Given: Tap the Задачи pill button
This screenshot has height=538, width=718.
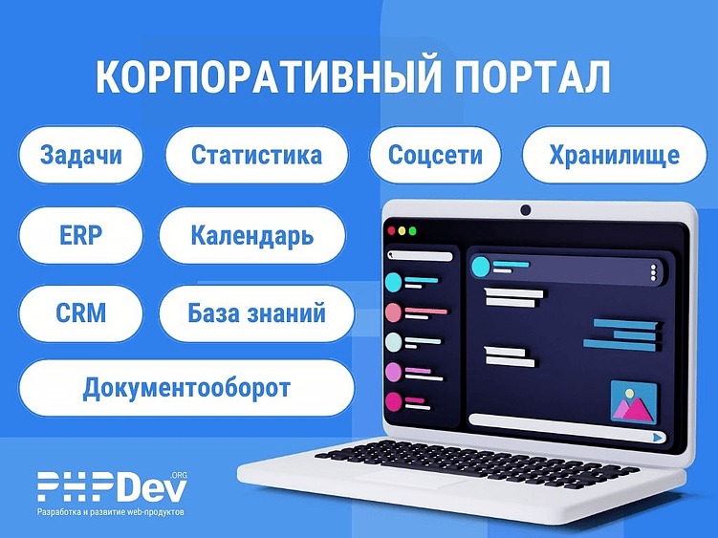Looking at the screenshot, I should [x=81, y=155].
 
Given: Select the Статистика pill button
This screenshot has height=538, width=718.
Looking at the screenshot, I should [x=256, y=155].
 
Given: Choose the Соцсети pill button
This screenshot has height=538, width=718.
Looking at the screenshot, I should [x=435, y=155].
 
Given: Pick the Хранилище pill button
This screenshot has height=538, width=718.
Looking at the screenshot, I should [x=614, y=155].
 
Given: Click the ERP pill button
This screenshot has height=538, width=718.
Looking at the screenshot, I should [x=80, y=235].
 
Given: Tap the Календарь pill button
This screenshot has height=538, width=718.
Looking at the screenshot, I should [x=251, y=235].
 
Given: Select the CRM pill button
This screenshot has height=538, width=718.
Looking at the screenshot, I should [x=80, y=312].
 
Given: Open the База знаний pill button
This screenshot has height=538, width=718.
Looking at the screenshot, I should [x=256, y=312].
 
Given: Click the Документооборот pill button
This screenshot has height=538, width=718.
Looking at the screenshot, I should [x=186, y=389].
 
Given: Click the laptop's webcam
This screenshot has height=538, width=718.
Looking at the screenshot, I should [x=525, y=210].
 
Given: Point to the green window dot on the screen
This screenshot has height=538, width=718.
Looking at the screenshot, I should [x=412, y=231].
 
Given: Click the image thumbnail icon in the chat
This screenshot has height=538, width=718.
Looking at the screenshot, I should [x=634, y=401].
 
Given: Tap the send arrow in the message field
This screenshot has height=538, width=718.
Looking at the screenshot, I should [x=658, y=437].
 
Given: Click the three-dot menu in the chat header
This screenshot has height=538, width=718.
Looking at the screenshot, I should [x=654, y=272].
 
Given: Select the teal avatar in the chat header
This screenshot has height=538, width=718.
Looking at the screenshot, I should [x=480, y=268].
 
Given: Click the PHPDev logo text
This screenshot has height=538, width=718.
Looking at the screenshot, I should [x=113, y=487].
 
